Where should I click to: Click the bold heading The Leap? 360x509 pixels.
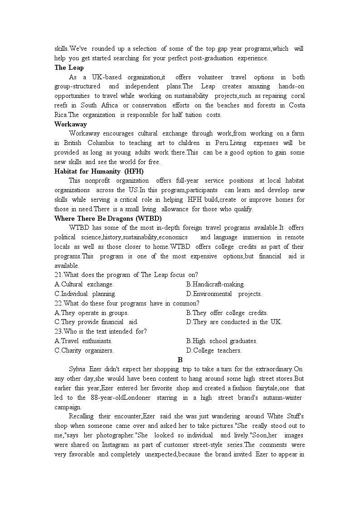pyautogui.click(x=69, y=68)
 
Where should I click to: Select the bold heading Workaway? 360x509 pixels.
pyautogui.click(x=71, y=124)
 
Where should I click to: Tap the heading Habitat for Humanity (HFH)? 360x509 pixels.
pyautogui.click(x=99, y=171)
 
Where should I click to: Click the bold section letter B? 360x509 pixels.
pyautogui.click(x=180, y=360)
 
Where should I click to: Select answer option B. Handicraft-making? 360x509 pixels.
pyautogui.click(x=215, y=284)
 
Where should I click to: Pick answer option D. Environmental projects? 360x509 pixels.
pyautogui.click(x=224, y=294)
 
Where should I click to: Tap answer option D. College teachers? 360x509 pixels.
pyautogui.click(x=214, y=350)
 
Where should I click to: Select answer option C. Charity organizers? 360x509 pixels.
pyautogui.click(x=84, y=350)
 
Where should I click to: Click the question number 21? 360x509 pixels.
pyautogui.click(x=58, y=275)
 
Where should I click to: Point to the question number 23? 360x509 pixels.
pyautogui.click(x=58, y=331)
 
